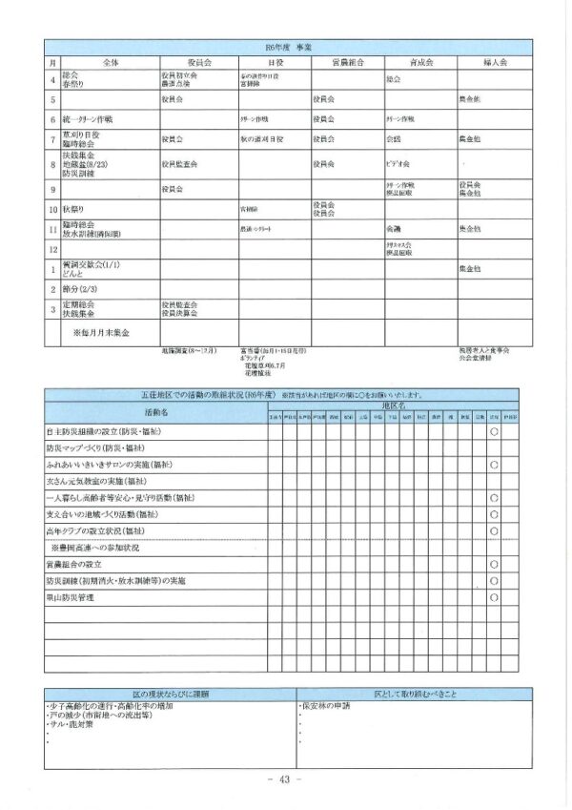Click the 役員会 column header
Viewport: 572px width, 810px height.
[x=199, y=60]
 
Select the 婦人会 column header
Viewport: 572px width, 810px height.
[x=494, y=60]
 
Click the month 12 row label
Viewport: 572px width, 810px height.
[x=52, y=250]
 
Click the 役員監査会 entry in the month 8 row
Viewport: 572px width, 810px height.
[x=180, y=164]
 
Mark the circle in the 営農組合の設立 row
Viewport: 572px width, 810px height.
[x=495, y=563]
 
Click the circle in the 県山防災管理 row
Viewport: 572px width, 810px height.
[x=495, y=597]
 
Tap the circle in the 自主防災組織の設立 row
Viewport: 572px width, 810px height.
[x=495, y=432]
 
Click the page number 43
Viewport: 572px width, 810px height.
[x=285, y=779]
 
